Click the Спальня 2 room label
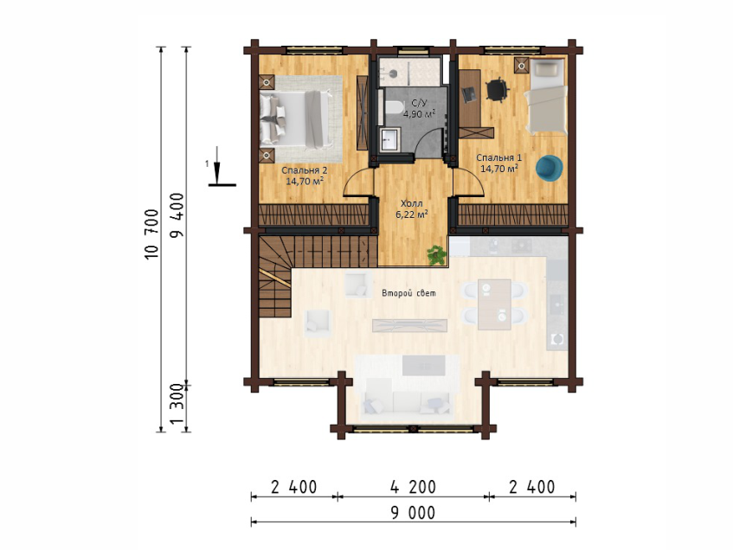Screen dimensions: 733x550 [x=305, y=176]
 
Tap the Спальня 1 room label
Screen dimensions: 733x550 [x=498, y=163]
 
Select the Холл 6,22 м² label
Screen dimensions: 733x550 [x=412, y=209]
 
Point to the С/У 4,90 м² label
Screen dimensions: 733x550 [x=419, y=108]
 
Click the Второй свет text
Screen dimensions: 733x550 [x=409, y=293]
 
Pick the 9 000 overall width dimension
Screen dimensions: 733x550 [x=413, y=513]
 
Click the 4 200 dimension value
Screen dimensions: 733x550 [x=414, y=487]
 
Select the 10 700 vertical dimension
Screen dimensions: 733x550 [x=152, y=234]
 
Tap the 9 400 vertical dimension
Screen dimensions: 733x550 [x=177, y=215]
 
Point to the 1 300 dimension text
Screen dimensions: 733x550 [x=177, y=404]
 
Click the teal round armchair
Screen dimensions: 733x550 [x=550, y=168]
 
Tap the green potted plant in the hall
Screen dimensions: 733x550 [x=437, y=255]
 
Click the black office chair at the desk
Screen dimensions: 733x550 [x=497, y=89]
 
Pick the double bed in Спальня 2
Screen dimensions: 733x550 [x=298, y=118]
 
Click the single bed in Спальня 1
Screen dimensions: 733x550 [x=546, y=97]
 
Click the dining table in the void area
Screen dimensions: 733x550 [x=494, y=304]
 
